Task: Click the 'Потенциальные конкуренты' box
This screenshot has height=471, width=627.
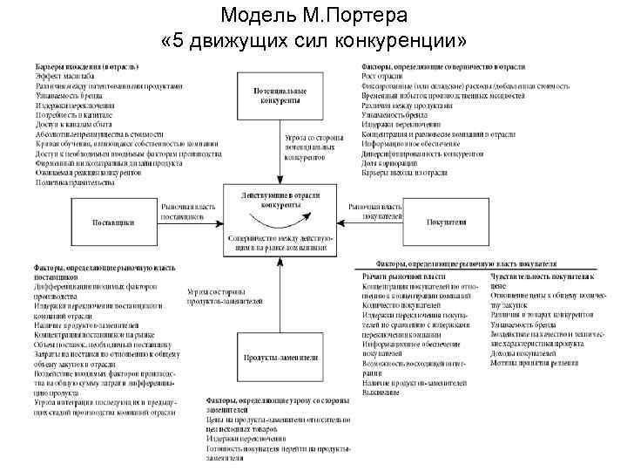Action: click(x=280, y=94)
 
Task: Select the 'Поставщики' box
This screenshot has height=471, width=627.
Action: click(x=113, y=222)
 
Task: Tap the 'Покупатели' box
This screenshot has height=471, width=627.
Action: click(x=446, y=222)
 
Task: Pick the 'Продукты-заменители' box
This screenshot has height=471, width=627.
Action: click(x=280, y=358)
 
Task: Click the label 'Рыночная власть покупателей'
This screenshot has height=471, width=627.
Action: click(x=375, y=210)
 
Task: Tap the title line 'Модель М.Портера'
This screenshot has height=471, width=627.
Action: click(x=313, y=17)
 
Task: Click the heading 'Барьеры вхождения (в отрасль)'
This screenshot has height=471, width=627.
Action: click(x=88, y=66)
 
